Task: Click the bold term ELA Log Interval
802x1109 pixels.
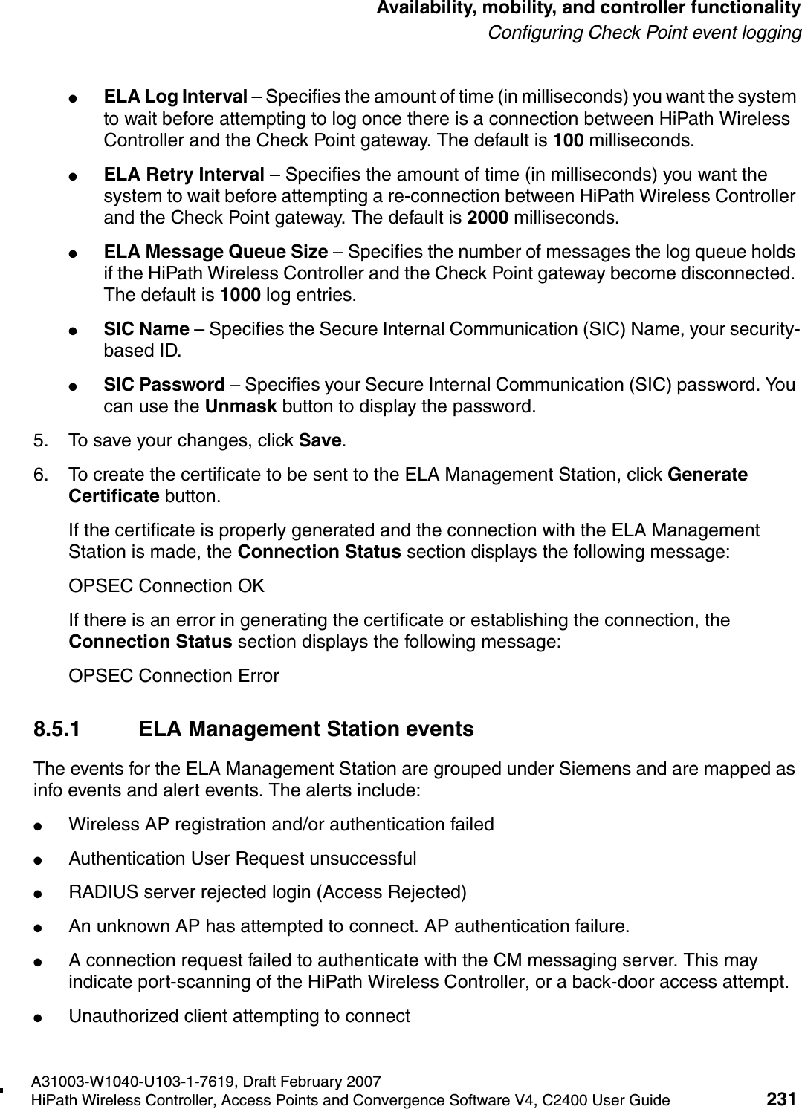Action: (175, 97)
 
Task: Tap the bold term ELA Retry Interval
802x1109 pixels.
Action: (184, 175)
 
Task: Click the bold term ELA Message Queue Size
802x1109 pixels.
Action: (216, 253)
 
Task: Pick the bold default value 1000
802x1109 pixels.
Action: (240, 296)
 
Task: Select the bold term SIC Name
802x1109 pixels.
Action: (146, 329)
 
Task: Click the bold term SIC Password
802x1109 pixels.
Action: (164, 386)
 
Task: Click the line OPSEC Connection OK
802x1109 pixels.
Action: (166, 586)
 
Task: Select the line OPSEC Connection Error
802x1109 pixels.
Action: (174, 676)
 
